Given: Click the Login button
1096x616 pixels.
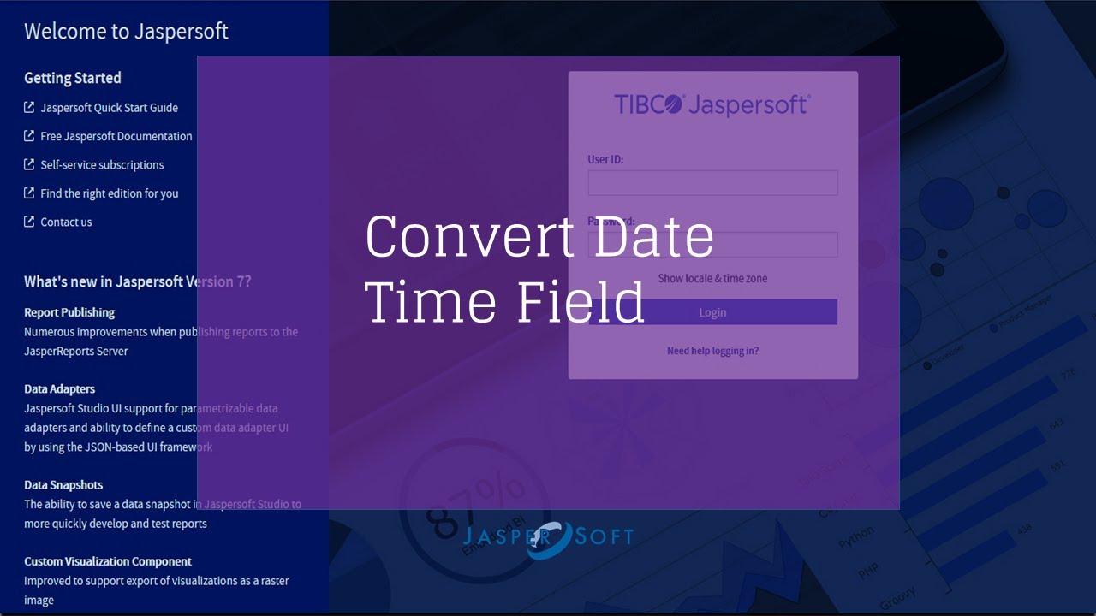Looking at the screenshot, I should coord(712,312).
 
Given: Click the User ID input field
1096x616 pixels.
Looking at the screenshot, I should coord(712,183).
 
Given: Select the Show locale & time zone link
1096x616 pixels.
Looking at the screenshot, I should coord(712,278).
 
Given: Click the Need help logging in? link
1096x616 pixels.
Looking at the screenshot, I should coord(712,351).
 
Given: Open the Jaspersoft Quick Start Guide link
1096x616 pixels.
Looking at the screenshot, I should coord(109,108).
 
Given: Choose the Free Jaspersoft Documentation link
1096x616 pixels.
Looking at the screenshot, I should coord(116,136).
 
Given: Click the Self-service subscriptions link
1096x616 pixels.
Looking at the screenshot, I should coord(102,165).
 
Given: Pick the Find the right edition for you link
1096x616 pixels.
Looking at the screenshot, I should coord(109,193).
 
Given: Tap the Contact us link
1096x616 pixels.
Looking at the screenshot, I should coord(66,222).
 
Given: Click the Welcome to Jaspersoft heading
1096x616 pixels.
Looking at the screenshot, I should coord(126,32).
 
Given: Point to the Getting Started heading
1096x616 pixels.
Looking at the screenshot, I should coord(73,78).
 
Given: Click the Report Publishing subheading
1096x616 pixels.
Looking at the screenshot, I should coord(69,312).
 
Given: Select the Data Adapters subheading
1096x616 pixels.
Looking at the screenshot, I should coord(59,389).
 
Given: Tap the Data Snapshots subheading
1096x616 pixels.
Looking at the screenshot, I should coord(63,485).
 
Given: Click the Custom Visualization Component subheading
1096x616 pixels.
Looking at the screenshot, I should coord(108,561).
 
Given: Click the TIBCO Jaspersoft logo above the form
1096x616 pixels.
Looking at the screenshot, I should coord(712,104).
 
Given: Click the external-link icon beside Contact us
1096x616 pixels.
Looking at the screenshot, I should coord(29,222).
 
